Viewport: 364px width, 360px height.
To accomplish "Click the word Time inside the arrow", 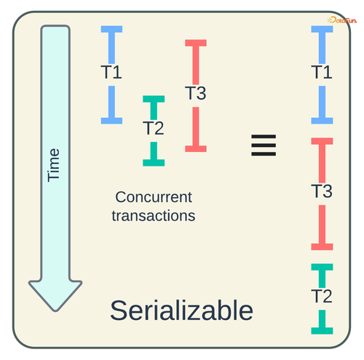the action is [x=53, y=165].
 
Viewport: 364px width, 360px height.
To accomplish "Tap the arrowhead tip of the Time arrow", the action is [x=55, y=311].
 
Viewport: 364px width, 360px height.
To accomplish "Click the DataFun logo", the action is [x=342, y=20].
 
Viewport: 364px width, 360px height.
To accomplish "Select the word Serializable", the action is [x=181, y=311].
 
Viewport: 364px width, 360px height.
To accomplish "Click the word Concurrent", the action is [x=154, y=197].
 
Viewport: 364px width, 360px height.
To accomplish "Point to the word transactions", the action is [x=154, y=215].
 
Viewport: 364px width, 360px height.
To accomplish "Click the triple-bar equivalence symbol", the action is [x=264, y=145].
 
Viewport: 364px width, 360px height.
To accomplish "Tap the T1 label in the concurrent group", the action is [x=111, y=72].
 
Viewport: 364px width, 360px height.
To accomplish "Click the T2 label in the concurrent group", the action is [x=154, y=128].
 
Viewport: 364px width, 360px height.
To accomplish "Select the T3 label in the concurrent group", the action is [x=196, y=93].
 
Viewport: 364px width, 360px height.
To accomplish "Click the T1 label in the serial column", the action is [x=322, y=72].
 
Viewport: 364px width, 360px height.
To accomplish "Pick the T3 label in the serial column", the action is [x=322, y=191].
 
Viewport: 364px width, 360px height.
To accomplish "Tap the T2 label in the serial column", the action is [x=322, y=296].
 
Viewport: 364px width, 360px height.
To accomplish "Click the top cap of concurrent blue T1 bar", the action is [x=111, y=29].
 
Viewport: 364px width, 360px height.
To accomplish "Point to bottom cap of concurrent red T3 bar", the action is [x=196, y=148].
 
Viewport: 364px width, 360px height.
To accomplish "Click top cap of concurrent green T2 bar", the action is [x=154, y=99].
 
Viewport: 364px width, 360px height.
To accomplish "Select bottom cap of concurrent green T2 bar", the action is [x=154, y=163].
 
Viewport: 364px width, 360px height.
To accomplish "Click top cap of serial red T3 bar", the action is [x=322, y=141].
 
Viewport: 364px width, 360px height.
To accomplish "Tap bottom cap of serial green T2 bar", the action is [x=322, y=331].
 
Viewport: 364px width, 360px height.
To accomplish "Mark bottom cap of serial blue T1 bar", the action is [x=322, y=121].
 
